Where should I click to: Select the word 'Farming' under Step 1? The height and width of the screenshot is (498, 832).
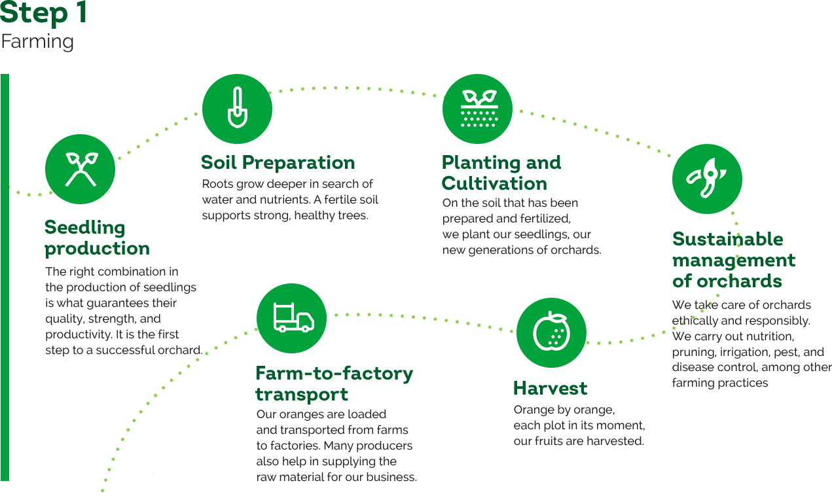click(x=37, y=42)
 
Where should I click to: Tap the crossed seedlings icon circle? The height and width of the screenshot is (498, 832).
click(x=81, y=169)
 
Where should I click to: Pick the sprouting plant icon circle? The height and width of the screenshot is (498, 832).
click(x=477, y=109)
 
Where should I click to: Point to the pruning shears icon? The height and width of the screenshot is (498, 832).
click(x=707, y=179)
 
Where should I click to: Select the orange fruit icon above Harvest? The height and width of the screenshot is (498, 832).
click(x=551, y=332)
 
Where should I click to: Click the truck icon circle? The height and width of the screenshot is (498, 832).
click(x=291, y=318)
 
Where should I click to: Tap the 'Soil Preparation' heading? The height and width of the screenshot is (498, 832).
click(x=278, y=162)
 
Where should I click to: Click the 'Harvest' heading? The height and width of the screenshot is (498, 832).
click(x=551, y=388)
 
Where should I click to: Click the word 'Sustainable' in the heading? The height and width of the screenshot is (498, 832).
click(x=727, y=239)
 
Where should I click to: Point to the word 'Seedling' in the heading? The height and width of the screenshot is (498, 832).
click(x=84, y=228)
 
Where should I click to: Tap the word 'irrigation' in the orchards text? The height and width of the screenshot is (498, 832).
click(x=746, y=352)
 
